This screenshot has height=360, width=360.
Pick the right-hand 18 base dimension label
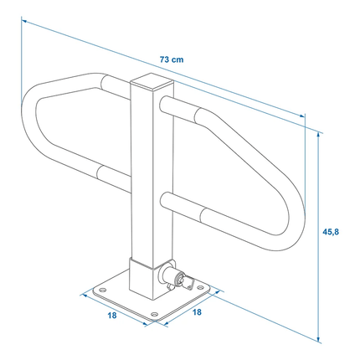pyautogui.click(x=198, y=312)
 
